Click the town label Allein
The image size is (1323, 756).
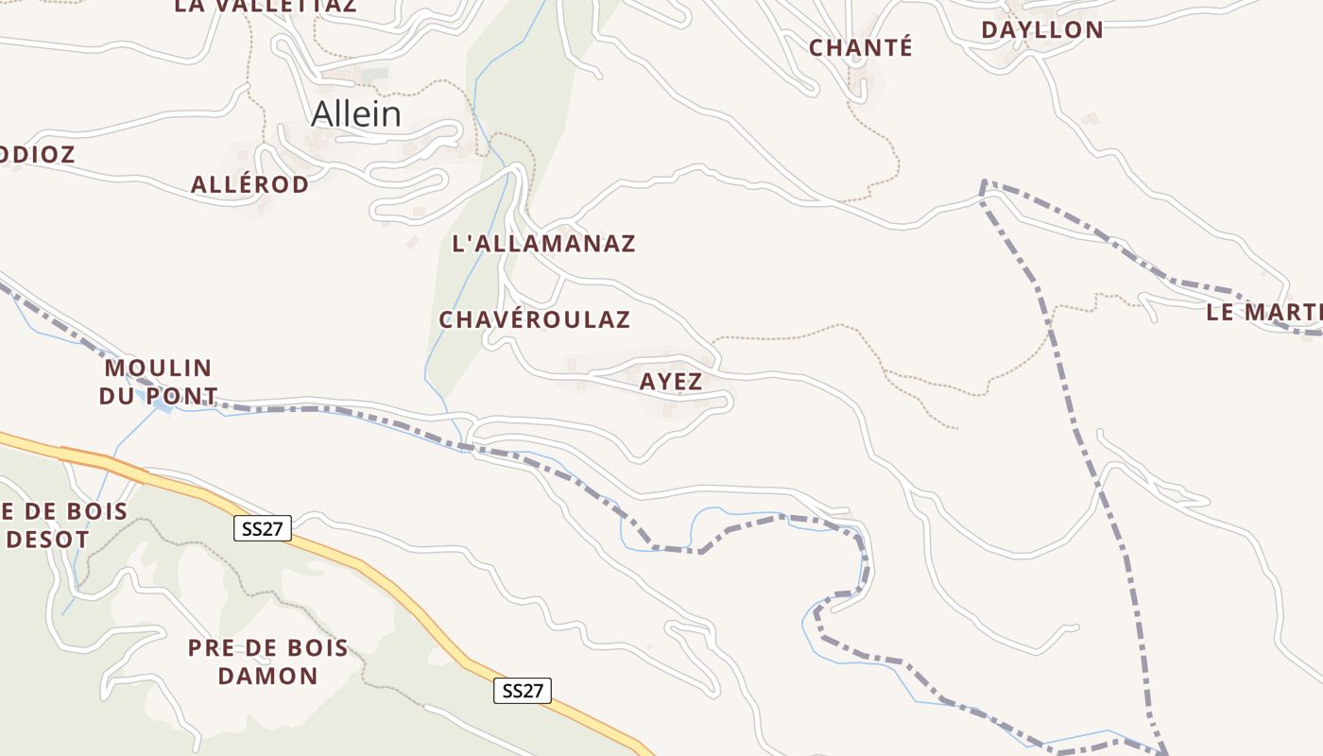point(356,114)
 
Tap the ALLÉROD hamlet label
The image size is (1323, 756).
point(249,184)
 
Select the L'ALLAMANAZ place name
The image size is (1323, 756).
point(544,244)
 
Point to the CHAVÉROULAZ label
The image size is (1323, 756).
point(534,319)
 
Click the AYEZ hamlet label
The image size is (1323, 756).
point(671,382)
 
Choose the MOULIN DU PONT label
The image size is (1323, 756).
point(158,382)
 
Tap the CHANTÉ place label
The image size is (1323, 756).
point(861,47)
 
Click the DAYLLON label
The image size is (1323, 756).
point(1042,29)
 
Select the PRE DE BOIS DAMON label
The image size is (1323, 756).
point(267,661)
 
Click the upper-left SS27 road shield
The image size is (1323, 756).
point(263,528)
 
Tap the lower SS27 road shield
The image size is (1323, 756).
point(523,691)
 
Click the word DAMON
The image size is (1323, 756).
point(267,676)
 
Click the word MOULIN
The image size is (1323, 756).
point(158,368)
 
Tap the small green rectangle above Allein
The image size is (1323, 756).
point(374,73)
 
